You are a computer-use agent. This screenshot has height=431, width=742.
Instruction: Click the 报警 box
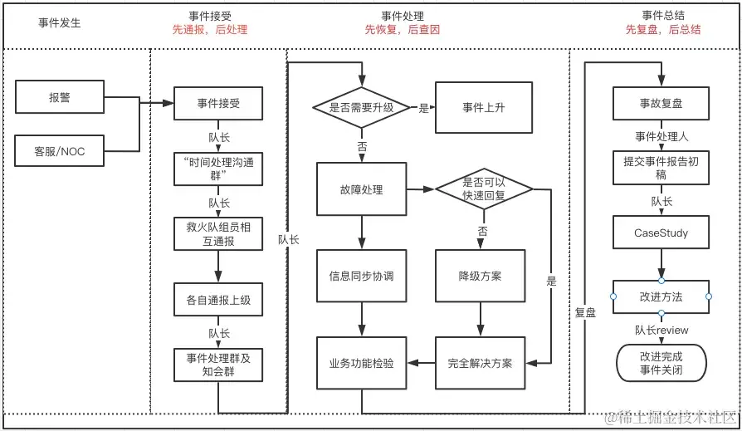pos(60,97)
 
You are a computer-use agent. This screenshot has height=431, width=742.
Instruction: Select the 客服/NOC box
pos(60,152)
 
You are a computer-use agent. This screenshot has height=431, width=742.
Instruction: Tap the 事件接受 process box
pos(218,103)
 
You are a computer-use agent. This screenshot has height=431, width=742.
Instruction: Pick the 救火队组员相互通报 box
pos(218,233)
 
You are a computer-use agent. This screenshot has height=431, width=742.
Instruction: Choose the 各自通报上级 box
pos(218,300)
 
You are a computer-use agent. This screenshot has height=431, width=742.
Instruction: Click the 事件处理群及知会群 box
pos(218,365)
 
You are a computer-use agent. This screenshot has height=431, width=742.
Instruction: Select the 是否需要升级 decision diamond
pos(361,107)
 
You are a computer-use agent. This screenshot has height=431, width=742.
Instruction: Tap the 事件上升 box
pos(484,107)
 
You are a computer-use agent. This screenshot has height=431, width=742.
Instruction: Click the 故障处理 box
pos(361,189)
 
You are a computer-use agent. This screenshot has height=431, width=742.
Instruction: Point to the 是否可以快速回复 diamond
pos(484,189)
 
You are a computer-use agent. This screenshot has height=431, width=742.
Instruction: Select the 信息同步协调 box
pos(361,276)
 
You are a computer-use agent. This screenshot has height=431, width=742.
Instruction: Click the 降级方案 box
pos(481,276)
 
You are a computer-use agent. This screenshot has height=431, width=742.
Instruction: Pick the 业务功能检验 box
pos(361,363)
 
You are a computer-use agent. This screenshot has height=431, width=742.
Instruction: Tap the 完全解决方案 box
pos(481,363)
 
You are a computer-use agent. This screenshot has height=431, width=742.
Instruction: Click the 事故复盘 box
pos(661,103)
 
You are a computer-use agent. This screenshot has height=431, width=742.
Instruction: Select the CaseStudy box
pos(661,233)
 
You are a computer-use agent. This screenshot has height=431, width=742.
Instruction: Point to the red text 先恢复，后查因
pos(403,30)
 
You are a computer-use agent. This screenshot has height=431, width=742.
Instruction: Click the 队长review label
pos(661,331)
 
